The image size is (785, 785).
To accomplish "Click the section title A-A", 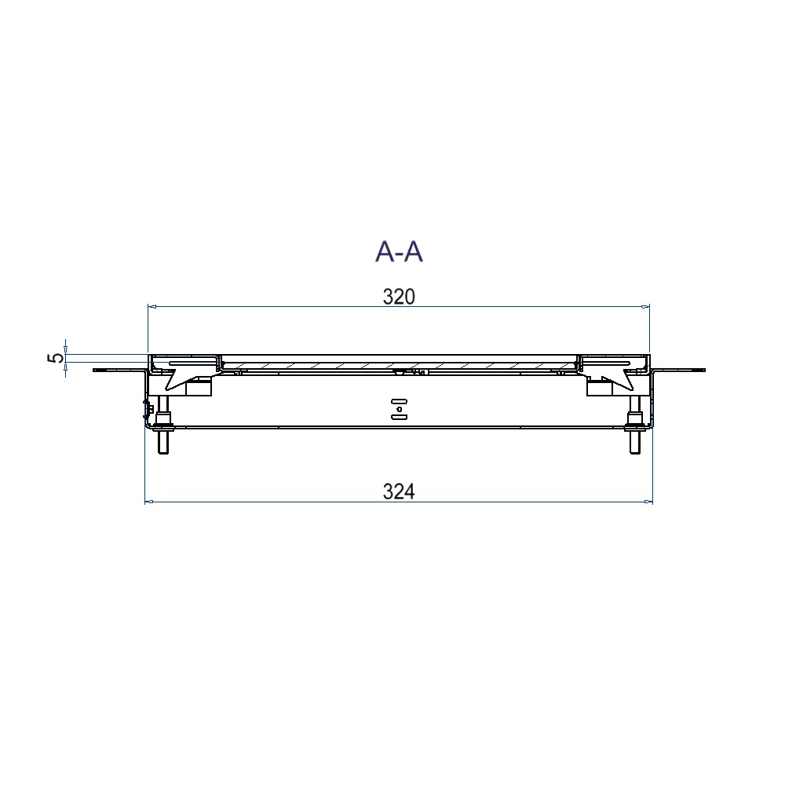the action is (x=399, y=251).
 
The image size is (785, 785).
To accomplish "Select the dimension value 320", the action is (x=399, y=297).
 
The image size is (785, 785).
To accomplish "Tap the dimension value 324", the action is (x=399, y=491).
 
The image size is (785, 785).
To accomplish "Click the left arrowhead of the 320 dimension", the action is (x=152, y=306).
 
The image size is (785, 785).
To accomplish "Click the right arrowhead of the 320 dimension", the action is (x=646, y=306).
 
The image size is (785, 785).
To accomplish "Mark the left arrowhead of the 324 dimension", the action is (x=148, y=501).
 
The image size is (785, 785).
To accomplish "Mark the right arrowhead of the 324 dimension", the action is (x=649, y=501).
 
